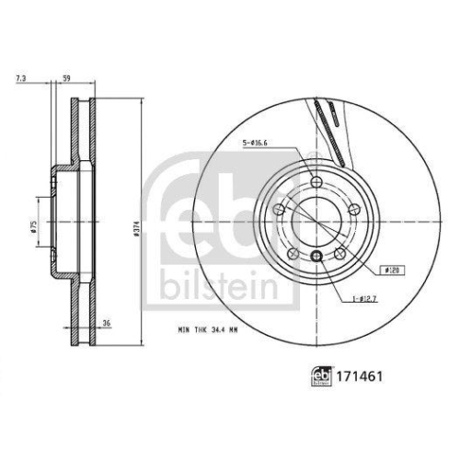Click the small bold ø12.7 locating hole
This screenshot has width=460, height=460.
click(x=317, y=256)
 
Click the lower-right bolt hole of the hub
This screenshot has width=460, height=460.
click(x=339, y=251)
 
